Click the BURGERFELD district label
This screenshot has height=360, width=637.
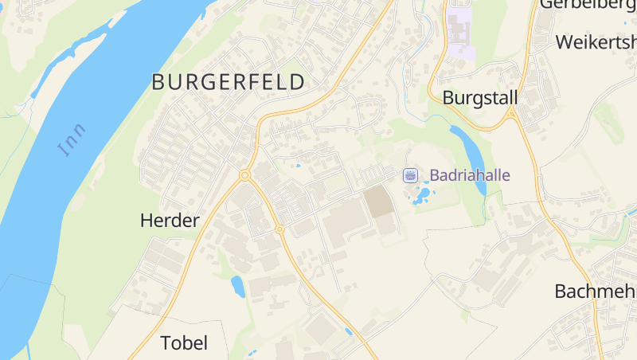(x=228, y=81)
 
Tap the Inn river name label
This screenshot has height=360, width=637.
(x=72, y=139)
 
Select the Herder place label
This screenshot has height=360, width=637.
(x=169, y=221)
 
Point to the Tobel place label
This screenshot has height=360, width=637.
(x=184, y=343)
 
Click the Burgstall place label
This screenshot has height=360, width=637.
(x=479, y=98)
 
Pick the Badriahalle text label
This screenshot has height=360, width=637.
(x=470, y=175)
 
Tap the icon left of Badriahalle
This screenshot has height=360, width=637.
(x=410, y=175)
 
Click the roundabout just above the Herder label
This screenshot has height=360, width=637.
(x=244, y=175)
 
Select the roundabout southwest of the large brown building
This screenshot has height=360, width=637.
(x=279, y=229)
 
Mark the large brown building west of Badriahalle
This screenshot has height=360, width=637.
(x=379, y=202)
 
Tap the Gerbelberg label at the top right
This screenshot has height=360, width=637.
(x=588, y=5)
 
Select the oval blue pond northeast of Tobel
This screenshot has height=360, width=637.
(x=237, y=285)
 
